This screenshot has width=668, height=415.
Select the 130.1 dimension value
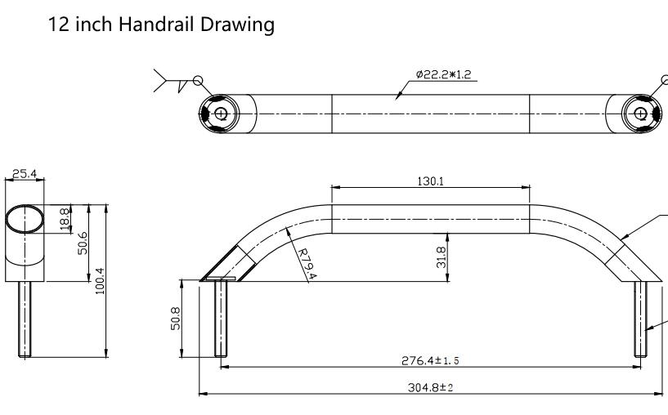coord(430,181)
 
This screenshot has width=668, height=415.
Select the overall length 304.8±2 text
coord(431,387)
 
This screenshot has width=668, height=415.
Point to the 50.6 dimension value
coord(83,243)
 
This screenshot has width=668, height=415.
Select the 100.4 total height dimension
coord(100,281)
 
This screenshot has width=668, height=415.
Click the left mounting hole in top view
coord(220,114)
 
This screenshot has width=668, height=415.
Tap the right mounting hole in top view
coord(640,114)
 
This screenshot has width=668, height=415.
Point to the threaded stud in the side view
coord(25,319)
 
